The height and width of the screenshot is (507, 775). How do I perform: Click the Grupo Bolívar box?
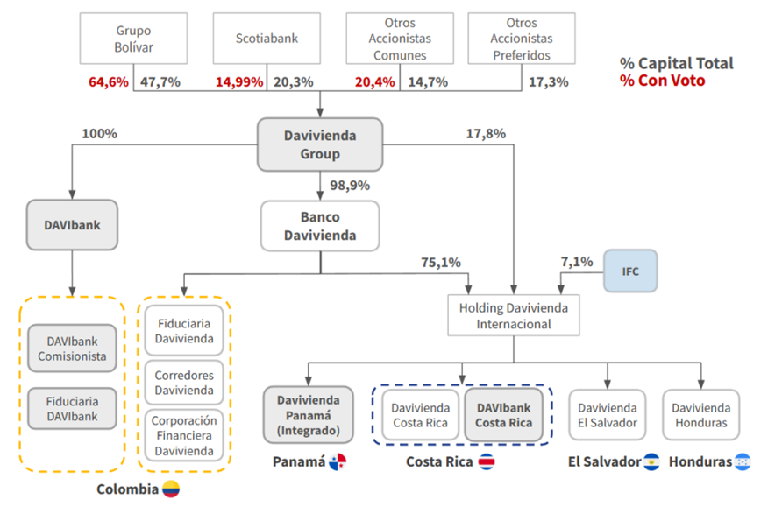(x=133, y=38)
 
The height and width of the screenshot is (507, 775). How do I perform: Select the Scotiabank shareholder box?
(x=266, y=38)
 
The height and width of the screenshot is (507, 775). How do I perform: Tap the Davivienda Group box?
(x=320, y=144)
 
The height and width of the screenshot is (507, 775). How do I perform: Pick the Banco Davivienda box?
(x=320, y=226)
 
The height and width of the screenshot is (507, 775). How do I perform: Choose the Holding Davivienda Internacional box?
(x=514, y=315)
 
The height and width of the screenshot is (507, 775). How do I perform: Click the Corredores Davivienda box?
(x=184, y=382)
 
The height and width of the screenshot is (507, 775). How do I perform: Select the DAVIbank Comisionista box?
(x=72, y=349)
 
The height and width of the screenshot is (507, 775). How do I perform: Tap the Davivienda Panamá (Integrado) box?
(x=308, y=415)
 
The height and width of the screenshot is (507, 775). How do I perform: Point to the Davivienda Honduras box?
(x=700, y=415)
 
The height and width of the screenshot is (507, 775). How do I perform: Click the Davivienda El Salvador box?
(x=608, y=415)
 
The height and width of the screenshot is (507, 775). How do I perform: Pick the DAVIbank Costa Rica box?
(x=504, y=415)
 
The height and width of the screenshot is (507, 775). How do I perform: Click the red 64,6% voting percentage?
(x=108, y=82)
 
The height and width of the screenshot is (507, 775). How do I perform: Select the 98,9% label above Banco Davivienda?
(x=349, y=186)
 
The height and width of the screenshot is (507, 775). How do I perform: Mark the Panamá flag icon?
(x=338, y=461)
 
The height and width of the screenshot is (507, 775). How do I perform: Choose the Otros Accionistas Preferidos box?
(x=522, y=38)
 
